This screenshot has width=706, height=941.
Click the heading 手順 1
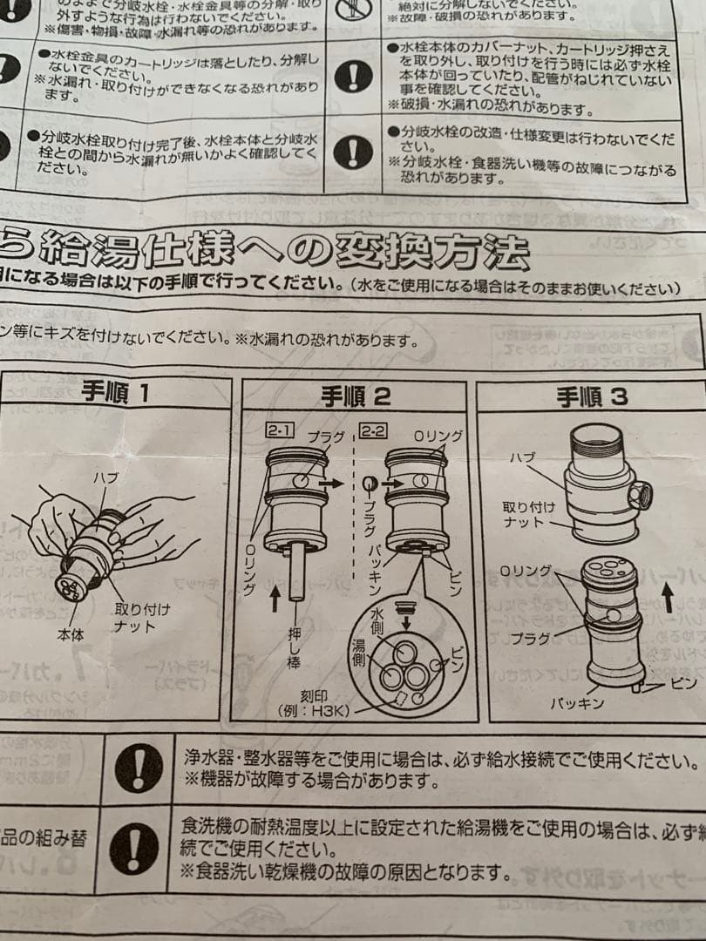tap(114, 393)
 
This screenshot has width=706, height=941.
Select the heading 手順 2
tap(355, 397)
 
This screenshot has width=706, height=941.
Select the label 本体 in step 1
tap(71, 635)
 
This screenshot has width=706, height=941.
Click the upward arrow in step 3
tap(669, 599)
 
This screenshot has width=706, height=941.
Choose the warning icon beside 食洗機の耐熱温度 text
tap(134, 849)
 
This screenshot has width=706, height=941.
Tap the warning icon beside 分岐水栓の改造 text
tap(353, 152)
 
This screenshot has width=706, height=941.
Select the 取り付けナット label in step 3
tap(523, 514)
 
